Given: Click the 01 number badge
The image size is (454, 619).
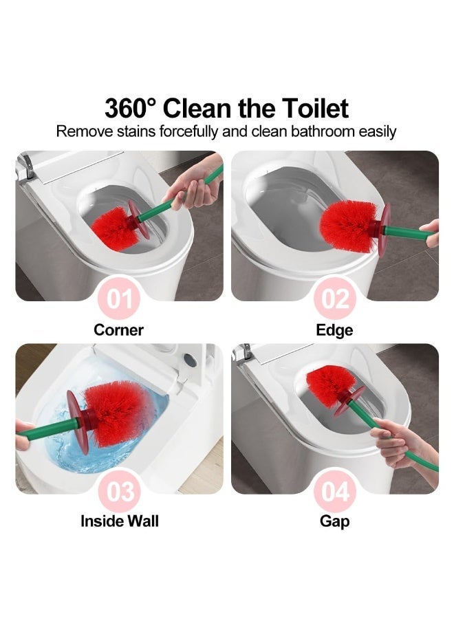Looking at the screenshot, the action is (119, 299).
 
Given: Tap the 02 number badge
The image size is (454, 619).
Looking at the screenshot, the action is (335, 299).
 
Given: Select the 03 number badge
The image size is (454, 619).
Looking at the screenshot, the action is (119, 492).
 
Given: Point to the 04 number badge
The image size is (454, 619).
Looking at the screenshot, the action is (335, 492).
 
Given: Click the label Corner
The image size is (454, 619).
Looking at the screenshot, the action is (119, 330).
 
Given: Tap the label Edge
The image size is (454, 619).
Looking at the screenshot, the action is (334, 330).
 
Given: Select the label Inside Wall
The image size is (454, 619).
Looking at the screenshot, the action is (120, 521).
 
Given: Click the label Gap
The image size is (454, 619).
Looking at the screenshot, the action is (334, 521).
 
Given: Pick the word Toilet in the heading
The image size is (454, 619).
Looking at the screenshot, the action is (315, 108).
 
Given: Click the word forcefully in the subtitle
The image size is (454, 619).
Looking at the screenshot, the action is (188, 131).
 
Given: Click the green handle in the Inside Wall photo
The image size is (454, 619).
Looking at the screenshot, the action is (48, 428).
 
